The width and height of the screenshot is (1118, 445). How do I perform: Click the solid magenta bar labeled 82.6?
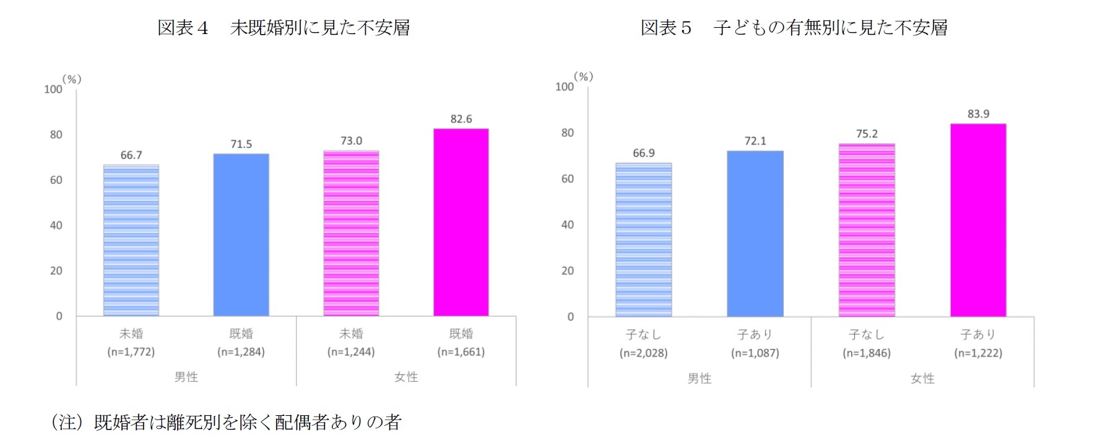[461, 223]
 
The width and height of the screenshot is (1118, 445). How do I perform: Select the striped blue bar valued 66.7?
[131, 241]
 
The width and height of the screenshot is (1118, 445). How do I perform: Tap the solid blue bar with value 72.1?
[755, 234]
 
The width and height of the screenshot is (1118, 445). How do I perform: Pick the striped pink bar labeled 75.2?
[866, 230]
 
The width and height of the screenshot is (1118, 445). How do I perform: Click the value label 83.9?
[978, 114]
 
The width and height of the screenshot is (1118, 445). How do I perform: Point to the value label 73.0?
[351, 141]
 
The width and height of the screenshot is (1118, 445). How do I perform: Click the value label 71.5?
[241, 144]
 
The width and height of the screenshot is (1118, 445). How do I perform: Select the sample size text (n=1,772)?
[131, 352]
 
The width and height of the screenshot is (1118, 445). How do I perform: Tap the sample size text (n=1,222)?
[977, 353]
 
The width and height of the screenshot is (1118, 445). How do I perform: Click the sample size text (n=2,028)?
[643, 353]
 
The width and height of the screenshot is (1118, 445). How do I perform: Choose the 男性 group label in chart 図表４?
[186, 377]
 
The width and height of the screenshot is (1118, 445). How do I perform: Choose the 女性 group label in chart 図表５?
[922, 378]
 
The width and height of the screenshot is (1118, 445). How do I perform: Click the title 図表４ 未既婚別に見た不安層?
[284, 28]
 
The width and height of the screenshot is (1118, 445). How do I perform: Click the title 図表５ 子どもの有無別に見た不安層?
[794, 28]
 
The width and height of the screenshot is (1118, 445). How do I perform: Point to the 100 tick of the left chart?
[53, 89]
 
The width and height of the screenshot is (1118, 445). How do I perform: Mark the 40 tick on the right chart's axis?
[567, 225]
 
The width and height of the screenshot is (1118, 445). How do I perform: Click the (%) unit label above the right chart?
[583, 77]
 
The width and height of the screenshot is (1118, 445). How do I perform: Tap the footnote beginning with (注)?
[226, 422]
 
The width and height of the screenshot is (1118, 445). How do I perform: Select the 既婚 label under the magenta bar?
[461, 334]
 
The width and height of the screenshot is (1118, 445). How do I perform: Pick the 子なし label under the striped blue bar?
[643, 335]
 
